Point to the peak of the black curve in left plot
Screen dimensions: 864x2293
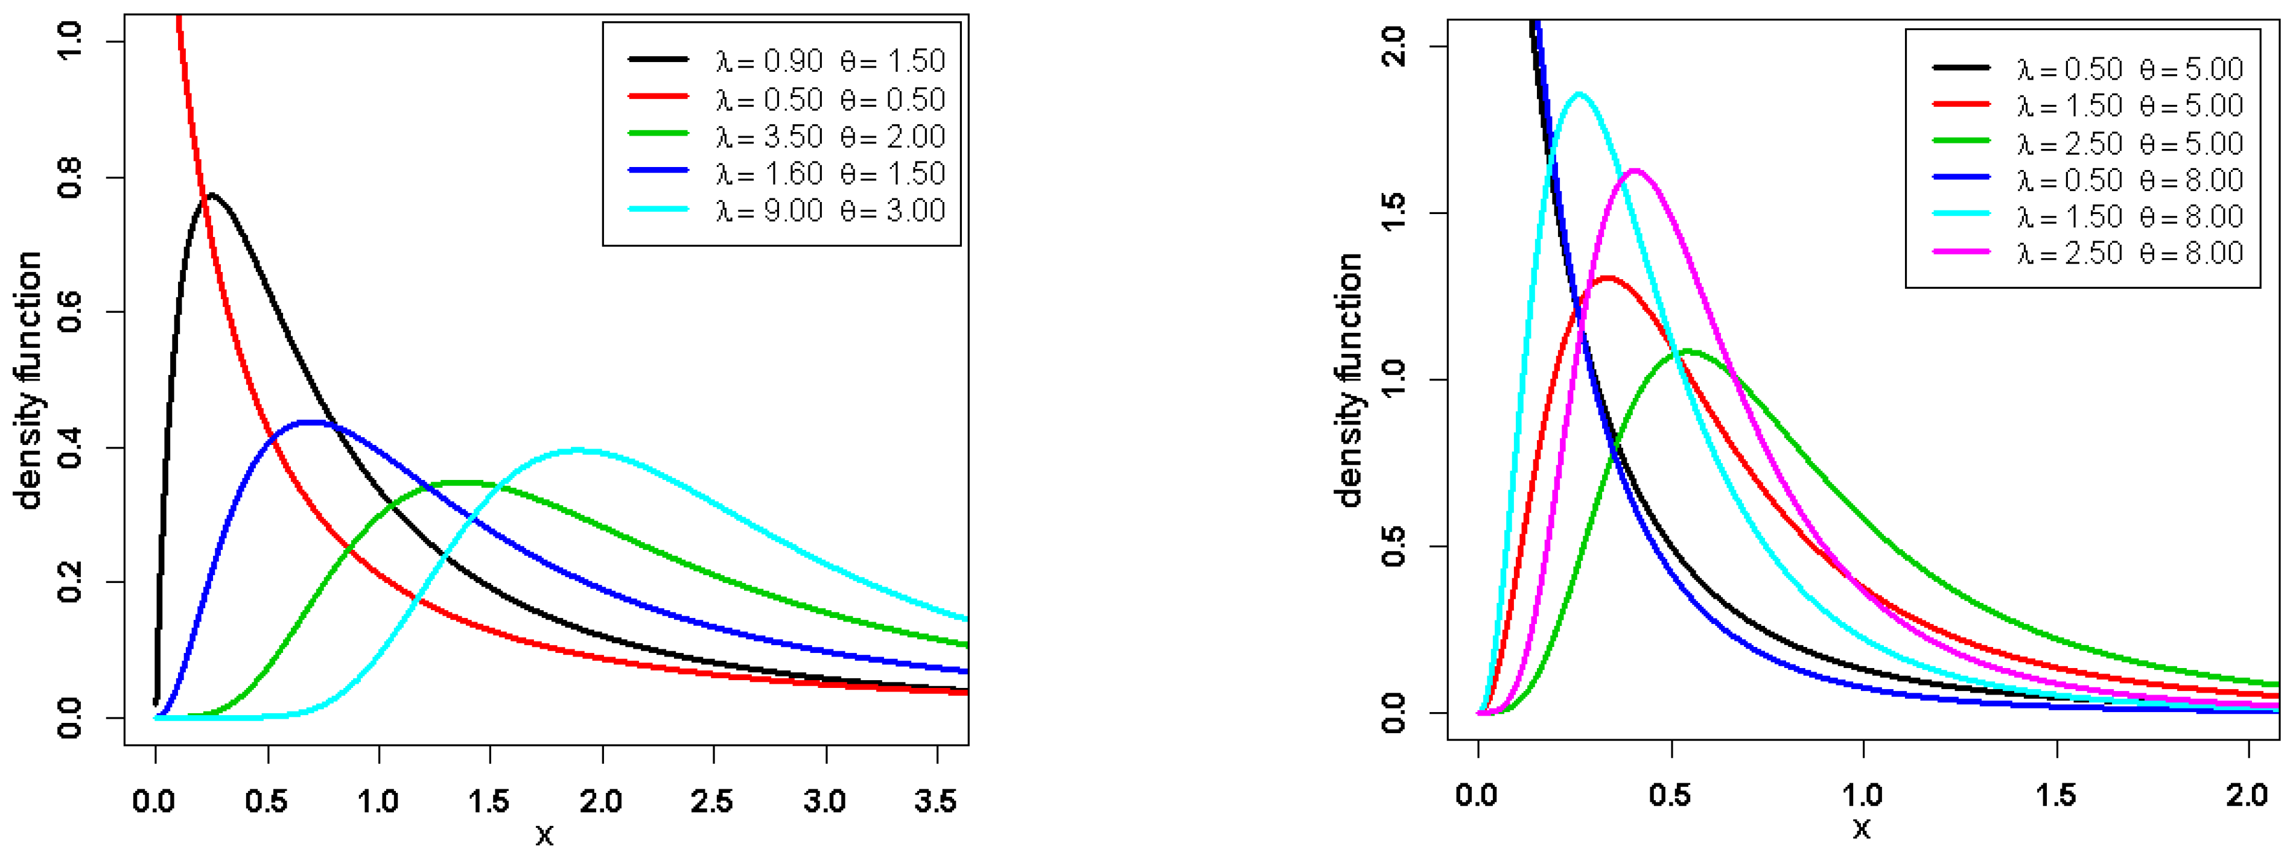coord(212,194)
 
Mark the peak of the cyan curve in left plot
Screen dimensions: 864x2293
coord(579,450)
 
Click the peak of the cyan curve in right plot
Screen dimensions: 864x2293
coord(1579,93)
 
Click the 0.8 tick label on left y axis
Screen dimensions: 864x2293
coord(69,178)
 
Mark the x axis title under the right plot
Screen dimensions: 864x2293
coord(1862,829)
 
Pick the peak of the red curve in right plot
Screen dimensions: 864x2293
coord(1608,279)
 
